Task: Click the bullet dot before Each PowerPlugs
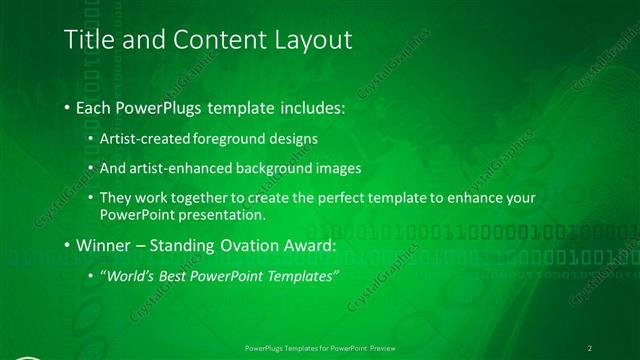click(66, 108)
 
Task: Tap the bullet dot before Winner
click(66, 245)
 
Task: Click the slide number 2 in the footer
click(590, 347)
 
